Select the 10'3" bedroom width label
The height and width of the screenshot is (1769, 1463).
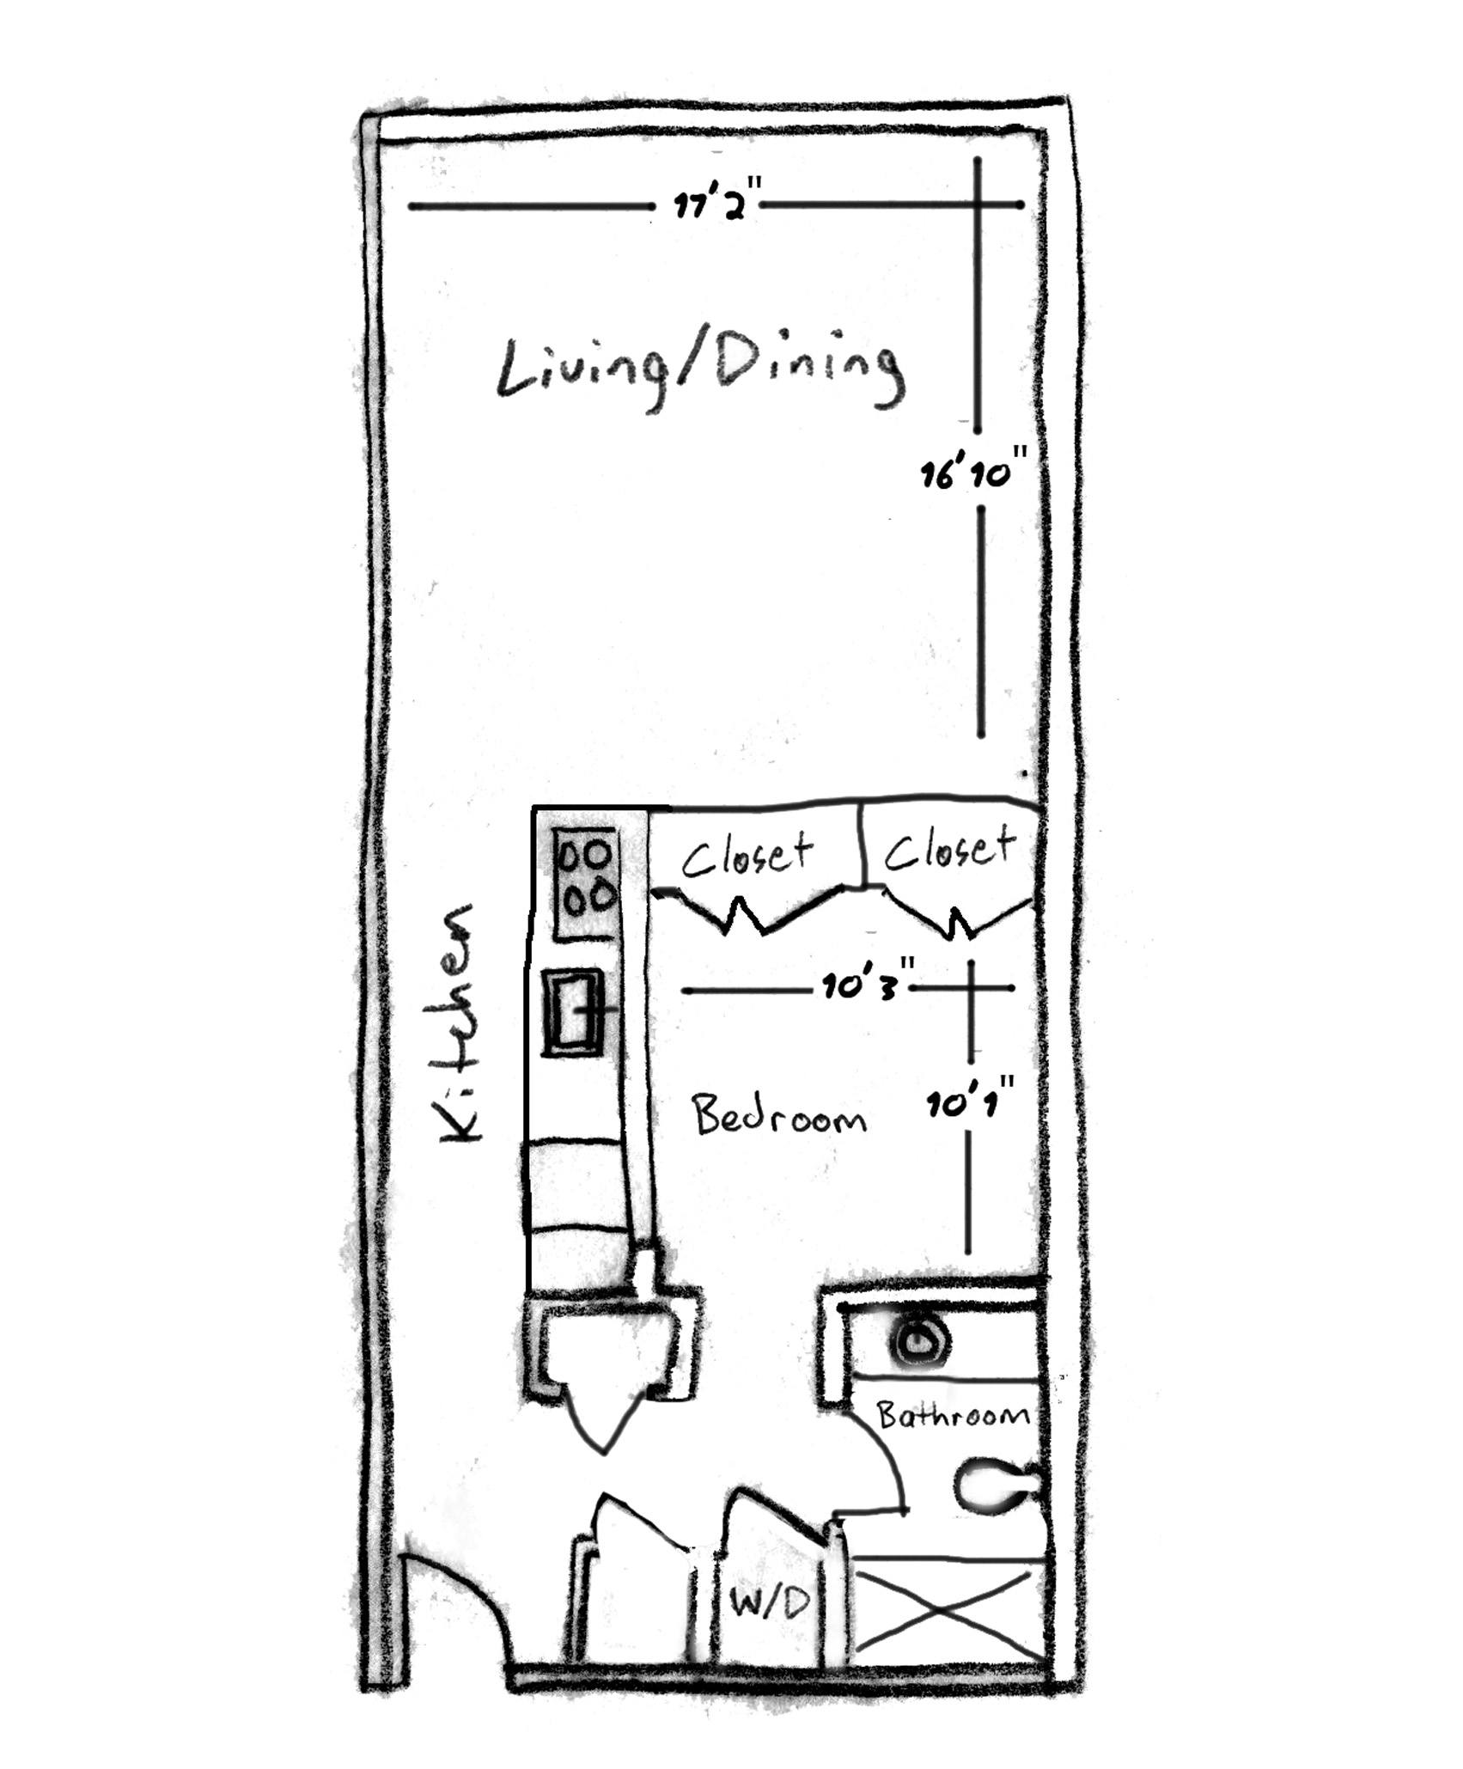point(863,989)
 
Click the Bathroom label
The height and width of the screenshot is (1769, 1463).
point(951,1415)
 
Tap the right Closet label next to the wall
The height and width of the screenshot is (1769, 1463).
point(949,849)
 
